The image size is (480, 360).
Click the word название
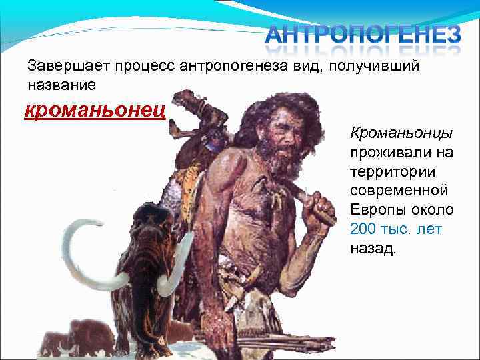tap(61, 85)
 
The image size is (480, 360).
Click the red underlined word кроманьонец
tap(95, 110)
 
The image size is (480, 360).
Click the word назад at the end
tap(371, 249)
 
